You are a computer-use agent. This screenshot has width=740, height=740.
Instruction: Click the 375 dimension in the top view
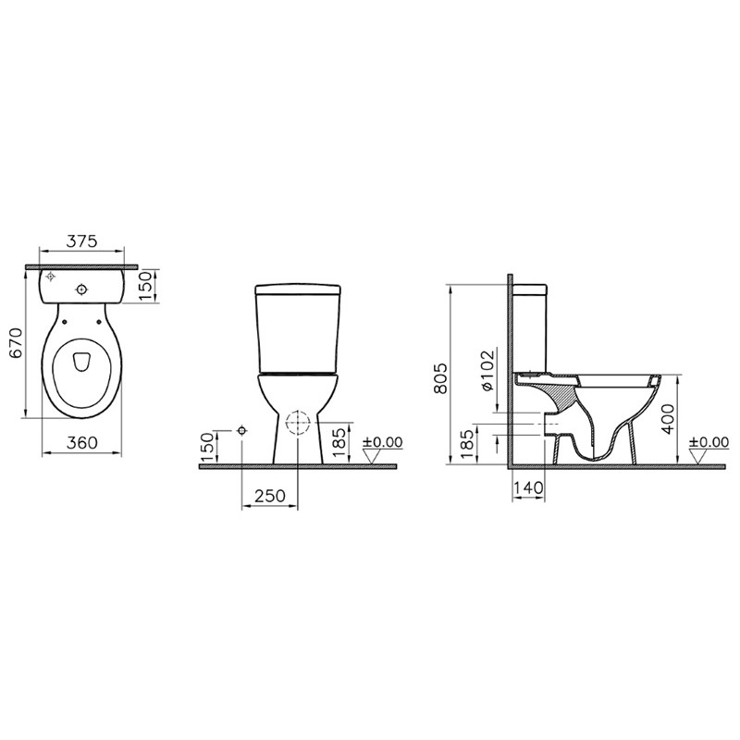(x=81, y=241)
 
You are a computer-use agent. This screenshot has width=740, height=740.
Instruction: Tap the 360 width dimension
(x=81, y=443)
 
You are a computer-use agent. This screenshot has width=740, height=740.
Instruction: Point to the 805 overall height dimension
(x=440, y=378)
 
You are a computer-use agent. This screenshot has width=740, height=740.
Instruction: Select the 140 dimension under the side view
(x=528, y=487)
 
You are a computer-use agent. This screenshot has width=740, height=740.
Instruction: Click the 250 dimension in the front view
(x=270, y=496)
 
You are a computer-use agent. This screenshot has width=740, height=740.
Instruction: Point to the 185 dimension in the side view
(x=467, y=444)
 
